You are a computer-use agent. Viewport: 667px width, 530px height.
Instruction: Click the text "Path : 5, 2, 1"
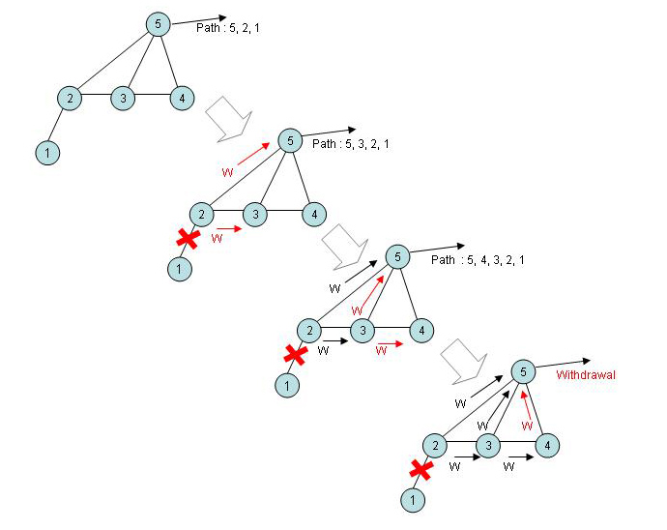tap(227, 29)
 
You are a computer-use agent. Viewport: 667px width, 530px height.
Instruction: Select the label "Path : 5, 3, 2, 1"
tap(351, 144)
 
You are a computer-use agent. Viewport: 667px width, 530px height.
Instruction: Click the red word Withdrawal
tap(587, 373)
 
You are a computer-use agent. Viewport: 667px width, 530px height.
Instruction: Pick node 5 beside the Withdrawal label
tap(522, 370)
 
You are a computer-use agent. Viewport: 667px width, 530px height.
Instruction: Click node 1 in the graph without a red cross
tap(46, 152)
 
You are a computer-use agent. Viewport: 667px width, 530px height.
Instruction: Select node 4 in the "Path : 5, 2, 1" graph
tap(178, 98)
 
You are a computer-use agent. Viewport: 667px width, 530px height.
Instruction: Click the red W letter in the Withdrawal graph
tap(527, 425)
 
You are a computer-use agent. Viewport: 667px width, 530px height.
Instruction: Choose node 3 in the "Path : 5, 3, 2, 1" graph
tap(254, 214)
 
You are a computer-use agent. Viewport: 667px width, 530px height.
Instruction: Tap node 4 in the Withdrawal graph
tap(548, 445)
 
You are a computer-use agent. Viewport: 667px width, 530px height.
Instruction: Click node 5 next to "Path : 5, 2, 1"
tap(158, 23)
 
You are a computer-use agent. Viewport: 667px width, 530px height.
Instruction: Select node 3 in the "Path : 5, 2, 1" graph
tap(123, 98)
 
